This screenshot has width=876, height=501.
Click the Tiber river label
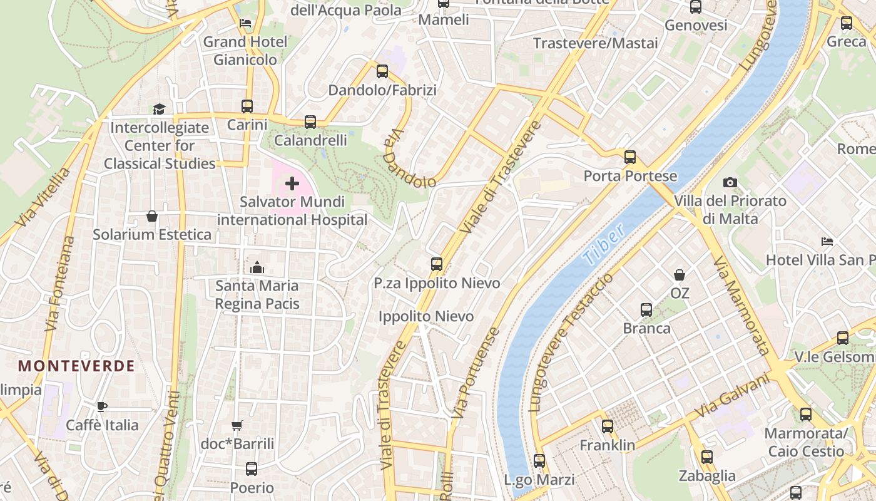click(x=603, y=244)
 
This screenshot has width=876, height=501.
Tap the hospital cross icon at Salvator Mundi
click(x=292, y=183)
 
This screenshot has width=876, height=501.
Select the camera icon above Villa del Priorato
click(x=730, y=182)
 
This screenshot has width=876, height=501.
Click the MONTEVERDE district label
click(x=76, y=366)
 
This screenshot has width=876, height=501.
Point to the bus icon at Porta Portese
click(x=630, y=157)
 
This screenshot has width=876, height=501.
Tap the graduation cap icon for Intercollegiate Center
click(x=159, y=109)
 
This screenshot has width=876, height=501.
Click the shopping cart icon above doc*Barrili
click(x=237, y=425)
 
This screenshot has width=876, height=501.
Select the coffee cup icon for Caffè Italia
click(x=102, y=406)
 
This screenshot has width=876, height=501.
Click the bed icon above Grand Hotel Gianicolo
click(x=245, y=23)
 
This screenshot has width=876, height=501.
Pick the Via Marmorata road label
click(x=740, y=305)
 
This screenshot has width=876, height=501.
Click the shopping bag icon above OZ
click(x=679, y=275)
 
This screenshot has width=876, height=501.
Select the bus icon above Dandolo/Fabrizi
click(x=382, y=71)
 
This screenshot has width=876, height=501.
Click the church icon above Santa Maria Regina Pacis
click(x=257, y=267)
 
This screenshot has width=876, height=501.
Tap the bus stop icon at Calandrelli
click(x=310, y=122)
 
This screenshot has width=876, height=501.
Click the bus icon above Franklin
click(x=607, y=426)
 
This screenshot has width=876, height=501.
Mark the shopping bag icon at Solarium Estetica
click(x=151, y=216)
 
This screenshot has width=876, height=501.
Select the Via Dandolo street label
click(x=410, y=160)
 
